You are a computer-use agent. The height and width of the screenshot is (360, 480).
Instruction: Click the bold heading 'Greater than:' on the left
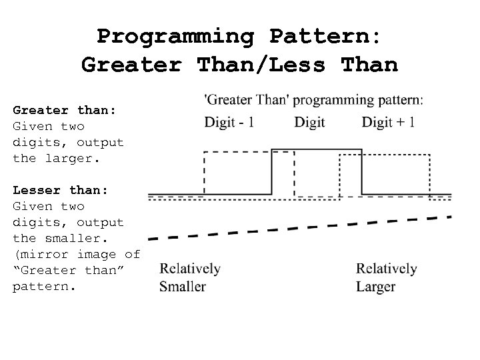point(64,110)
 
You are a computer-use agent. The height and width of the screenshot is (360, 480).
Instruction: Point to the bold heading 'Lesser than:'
point(60,190)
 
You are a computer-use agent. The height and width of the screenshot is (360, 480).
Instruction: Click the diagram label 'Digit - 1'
point(229,122)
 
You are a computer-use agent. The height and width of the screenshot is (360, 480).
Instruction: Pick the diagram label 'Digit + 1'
point(389,122)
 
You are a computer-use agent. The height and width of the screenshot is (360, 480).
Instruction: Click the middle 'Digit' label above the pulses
point(309,122)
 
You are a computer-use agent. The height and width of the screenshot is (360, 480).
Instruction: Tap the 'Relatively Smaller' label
point(190,277)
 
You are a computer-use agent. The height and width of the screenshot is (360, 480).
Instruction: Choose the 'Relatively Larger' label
point(386,277)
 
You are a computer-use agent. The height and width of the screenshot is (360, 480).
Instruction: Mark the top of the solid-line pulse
point(317,150)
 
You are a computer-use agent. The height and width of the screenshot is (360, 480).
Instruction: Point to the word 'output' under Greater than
point(100,142)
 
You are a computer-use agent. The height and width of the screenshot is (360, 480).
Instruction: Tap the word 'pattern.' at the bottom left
point(44,286)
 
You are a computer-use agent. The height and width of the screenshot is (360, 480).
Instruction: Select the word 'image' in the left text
point(100,254)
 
